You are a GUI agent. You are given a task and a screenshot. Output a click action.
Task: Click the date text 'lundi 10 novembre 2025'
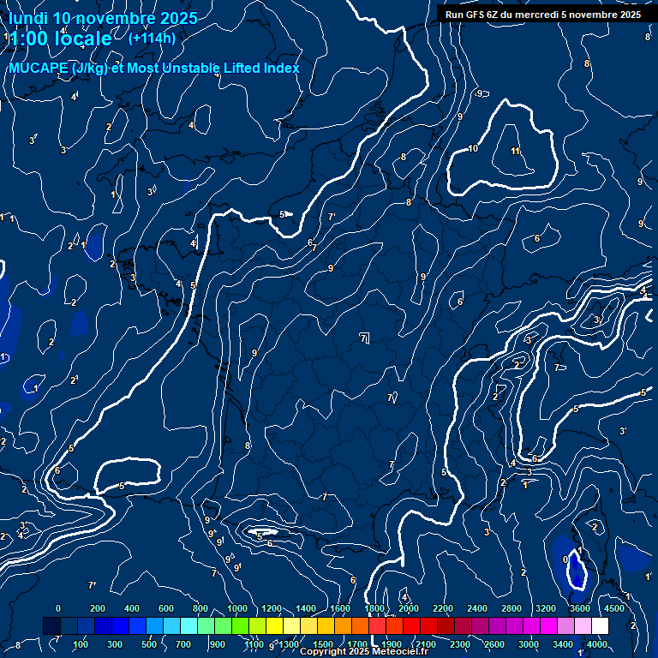pos(103,18)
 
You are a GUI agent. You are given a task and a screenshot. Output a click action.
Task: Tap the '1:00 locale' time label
pos(61,39)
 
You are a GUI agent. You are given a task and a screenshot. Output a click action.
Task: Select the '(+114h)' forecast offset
pos(152,38)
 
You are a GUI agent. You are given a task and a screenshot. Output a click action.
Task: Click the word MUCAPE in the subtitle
pos(39,68)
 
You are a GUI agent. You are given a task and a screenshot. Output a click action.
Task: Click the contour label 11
pos(515,152)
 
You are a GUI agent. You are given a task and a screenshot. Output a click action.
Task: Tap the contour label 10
pos(473,149)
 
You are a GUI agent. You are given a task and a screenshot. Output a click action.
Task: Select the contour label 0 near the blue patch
pos(565,559)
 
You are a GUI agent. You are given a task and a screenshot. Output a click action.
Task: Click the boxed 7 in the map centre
pos(364,339)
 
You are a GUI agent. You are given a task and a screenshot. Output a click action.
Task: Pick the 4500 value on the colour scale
pos(613,608)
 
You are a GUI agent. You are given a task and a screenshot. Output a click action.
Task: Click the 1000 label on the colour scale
pos(237,608)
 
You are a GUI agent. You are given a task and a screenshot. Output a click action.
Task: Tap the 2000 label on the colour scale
pos(409,608)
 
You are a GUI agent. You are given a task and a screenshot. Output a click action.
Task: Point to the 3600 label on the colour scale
pos(580,608)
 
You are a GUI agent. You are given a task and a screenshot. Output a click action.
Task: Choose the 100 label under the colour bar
pos(81,644)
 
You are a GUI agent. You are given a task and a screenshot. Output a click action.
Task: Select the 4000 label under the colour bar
pos(597,644)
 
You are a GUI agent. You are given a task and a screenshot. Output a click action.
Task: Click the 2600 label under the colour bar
pos(494,644)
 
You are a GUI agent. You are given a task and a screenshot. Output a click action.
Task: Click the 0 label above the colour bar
pos(57,608)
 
